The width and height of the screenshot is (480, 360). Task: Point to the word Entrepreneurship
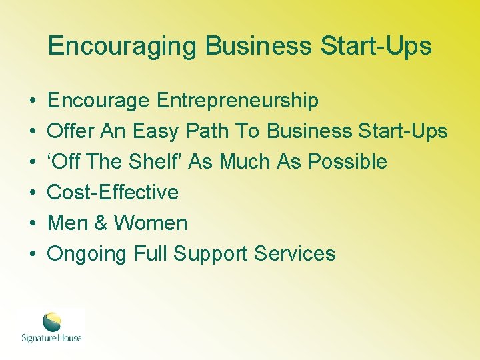(x=237, y=101)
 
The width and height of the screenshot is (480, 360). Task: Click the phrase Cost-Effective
(x=113, y=193)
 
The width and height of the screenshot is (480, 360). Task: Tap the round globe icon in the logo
(x=52, y=322)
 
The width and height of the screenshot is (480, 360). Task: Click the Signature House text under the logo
(x=52, y=338)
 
